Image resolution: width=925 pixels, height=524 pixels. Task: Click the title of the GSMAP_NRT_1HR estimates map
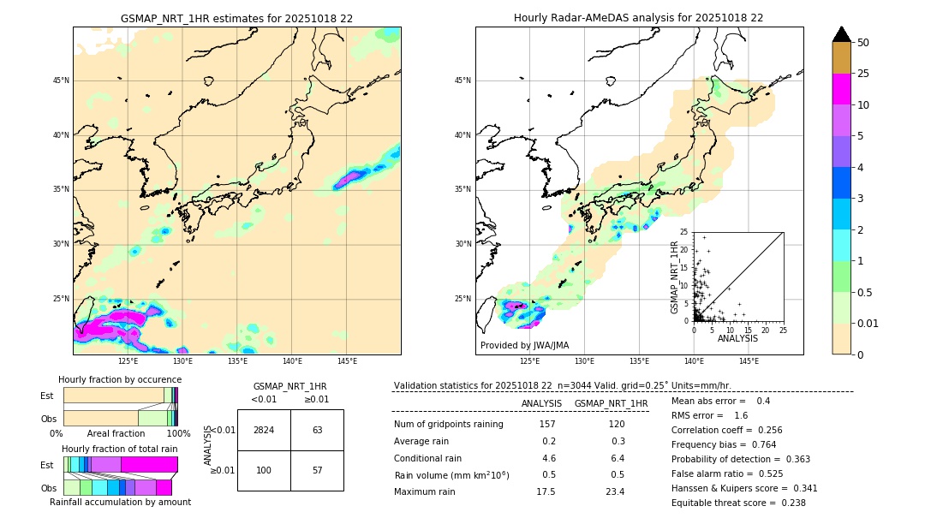236,18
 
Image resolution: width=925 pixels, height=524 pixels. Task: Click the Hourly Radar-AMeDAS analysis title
638,18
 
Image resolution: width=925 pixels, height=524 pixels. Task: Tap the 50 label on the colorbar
863,43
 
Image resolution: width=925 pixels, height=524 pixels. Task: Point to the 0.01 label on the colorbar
868,323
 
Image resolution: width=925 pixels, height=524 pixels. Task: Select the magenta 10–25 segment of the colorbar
841,89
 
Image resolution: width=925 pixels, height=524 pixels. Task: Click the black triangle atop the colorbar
841,34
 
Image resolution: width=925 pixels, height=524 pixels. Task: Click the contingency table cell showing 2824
264,430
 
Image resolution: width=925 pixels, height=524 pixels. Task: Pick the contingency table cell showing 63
317,430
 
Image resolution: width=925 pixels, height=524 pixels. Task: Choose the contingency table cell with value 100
264,471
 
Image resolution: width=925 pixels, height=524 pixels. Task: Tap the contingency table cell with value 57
317,471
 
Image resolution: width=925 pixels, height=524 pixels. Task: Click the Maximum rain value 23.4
616,491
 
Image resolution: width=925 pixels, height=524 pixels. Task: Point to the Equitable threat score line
738,503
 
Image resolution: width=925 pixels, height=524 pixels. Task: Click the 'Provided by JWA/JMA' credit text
524,346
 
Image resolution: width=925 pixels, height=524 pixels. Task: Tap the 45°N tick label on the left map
61,81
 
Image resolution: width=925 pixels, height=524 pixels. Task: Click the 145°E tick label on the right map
749,361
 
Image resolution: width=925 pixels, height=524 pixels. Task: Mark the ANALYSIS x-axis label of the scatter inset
737,338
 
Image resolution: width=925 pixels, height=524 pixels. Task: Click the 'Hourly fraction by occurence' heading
120,379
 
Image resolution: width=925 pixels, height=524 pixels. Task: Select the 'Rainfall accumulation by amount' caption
120,502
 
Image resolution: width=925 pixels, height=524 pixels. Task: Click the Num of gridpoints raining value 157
547,425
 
